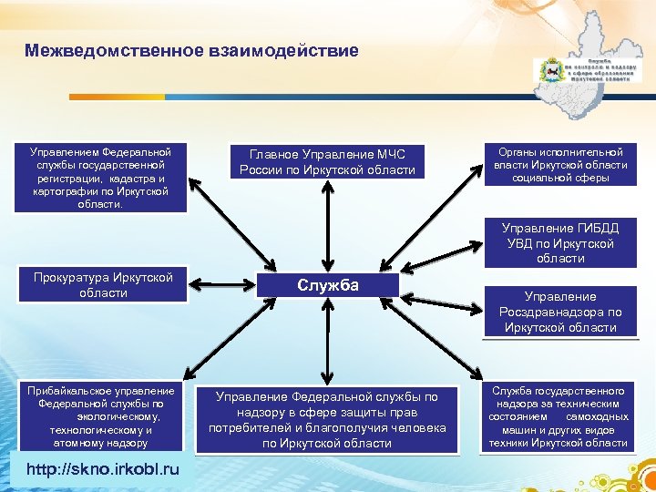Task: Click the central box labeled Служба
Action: tap(327, 286)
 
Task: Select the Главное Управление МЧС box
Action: tap(327, 161)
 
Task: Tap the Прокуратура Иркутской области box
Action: tap(103, 285)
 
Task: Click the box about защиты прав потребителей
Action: tap(327, 420)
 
